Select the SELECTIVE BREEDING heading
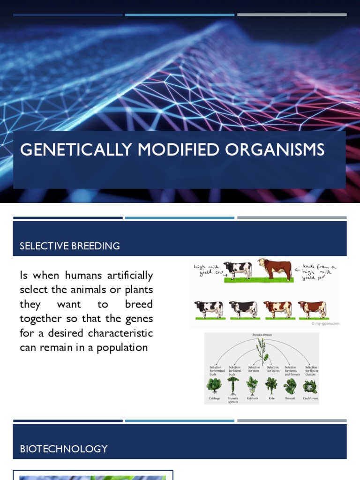click(70, 246)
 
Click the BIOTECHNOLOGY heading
click(64, 449)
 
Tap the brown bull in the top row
click(275, 269)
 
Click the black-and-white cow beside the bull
click(238, 270)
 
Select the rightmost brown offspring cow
click(313, 309)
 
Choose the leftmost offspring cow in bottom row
click(209, 309)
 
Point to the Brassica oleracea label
click(262, 336)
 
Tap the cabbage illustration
click(214, 385)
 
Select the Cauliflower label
click(310, 398)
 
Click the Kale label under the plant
click(271, 398)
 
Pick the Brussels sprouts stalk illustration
click(233, 386)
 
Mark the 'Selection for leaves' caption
click(273, 369)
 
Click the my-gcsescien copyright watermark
click(325, 323)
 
